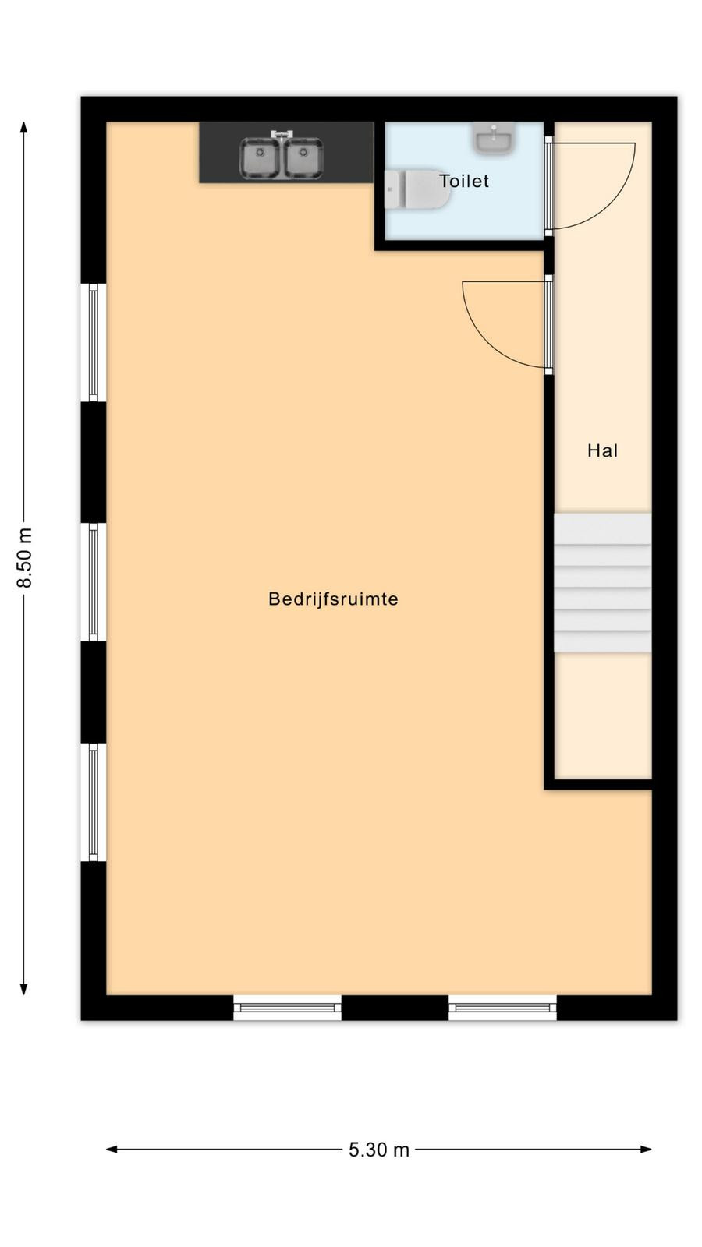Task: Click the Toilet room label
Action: pyautogui.click(x=464, y=181)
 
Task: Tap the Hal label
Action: pyautogui.click(x=603, y=450)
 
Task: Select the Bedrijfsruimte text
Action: pyautogui.click(x=333, y=599)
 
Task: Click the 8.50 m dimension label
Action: pyautogui.click(x=24, y=557)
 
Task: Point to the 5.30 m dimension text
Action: pyautogui.click(x=379, y=1150)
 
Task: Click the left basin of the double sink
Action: pyautogui.click(x=260, y=159)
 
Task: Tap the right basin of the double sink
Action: pyautogui.click(x=303, y=159)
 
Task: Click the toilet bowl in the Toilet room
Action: pyautogui.click(x=418, y=189)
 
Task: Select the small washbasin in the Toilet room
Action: pyautogui.click(x=494, y=138)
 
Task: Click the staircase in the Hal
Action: pyautogui.click(x=602, y=582)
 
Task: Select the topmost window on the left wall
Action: pyautogui.click(x=94, y=342)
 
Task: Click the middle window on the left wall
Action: pyautogui.click(x=94, y=582)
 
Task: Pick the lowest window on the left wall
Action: pyautogui.click(x=94, y=802)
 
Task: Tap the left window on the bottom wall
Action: pyautogui.click(x=287, y=1008)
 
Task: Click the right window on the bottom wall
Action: pyautogui.click(x=502, y=1008)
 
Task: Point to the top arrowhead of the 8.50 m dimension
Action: pyautogui.click(x=23, y=128)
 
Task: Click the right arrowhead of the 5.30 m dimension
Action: pyautogui.click(x=646, y=1149)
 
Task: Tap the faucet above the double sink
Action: pyautogui.click(x=282, y=134)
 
